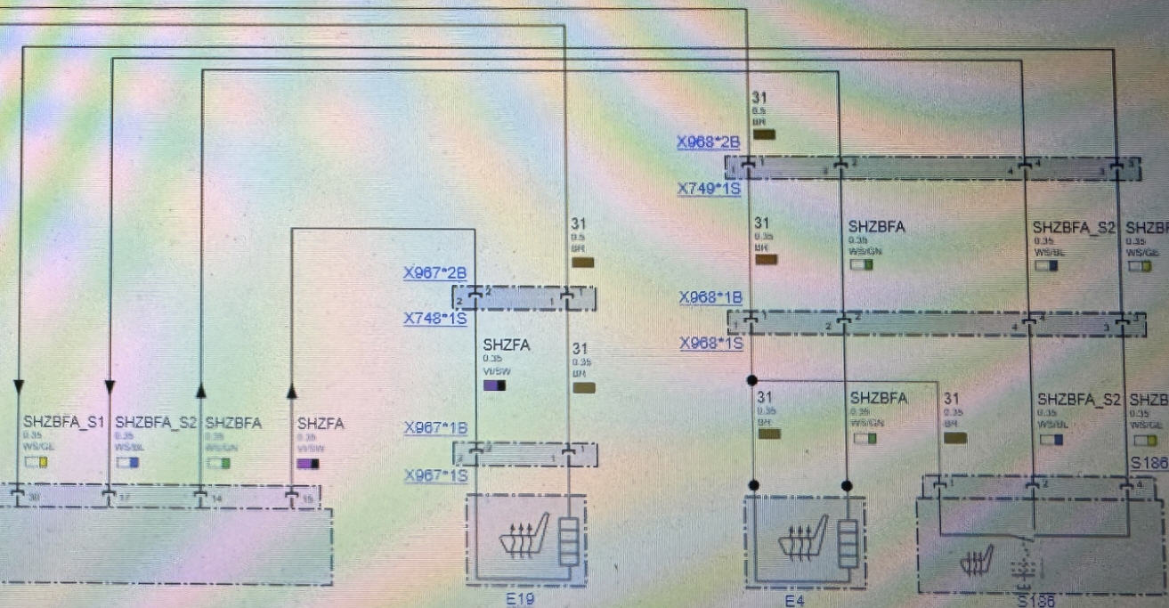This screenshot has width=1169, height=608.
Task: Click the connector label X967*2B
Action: tap(435, 272)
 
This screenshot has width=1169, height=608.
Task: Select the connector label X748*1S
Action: tap(435, 318)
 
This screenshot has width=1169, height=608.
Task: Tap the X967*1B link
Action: tap(435, 428)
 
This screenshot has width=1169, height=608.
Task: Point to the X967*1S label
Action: tap(435, 476)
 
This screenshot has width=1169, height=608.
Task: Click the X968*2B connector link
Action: tap(708, 142)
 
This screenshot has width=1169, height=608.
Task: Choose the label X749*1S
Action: tap(709, 189)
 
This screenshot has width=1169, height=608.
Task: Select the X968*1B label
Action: tap(710, 296)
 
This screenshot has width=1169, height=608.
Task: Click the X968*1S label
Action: tap(710, 343)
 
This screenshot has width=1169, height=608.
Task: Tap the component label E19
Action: tap(520, 600)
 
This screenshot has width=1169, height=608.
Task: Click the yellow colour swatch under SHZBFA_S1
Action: tap(37, 463)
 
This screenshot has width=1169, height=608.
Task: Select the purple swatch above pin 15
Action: tap(308, 464)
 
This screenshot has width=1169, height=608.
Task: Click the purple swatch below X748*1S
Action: tap(494, 385)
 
